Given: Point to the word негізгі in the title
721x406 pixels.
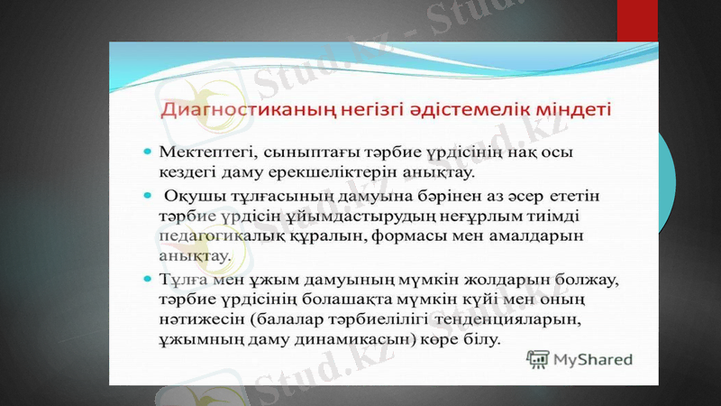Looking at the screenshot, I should (x=353, y=111).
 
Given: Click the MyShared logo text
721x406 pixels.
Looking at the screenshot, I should (x=592, y=360).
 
